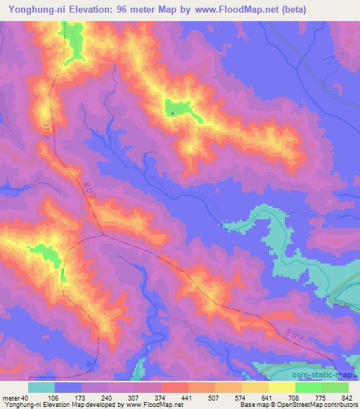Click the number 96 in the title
coord(126,9)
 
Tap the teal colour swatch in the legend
coord(41,387)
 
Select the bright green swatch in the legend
coord(309,387)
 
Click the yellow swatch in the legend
coord(282,387)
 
